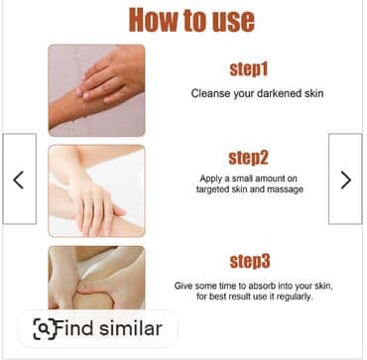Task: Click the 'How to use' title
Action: coord(191,20)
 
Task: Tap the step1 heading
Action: coord(249,69)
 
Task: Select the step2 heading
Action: coord(248,158)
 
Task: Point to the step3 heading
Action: coord(250,262)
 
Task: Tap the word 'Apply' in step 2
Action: coord(209,179)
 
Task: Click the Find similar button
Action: coord(98,328)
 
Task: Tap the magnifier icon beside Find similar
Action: coord(45,329)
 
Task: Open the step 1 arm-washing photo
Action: coord(96,90)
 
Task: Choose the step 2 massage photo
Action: coord(96,191)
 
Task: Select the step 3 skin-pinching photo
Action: coord(96,278)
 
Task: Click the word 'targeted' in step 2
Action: coord(210,189)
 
